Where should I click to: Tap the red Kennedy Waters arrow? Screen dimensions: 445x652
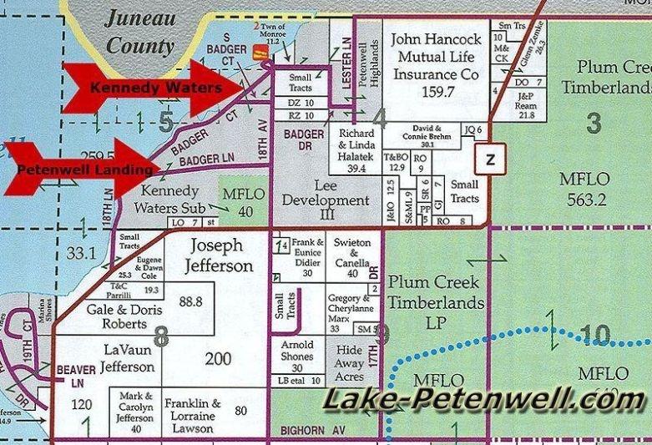coord(150,87)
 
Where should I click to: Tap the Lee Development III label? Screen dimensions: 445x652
coord(326,200)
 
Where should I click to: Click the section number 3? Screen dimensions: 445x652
coord(593,124)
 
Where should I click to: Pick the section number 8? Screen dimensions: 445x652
coord(160,336)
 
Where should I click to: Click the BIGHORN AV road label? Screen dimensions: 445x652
coord(300,429)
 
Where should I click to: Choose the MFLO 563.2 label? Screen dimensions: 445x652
coord(594,188)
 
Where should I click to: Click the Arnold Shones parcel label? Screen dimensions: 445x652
coord(296,351)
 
